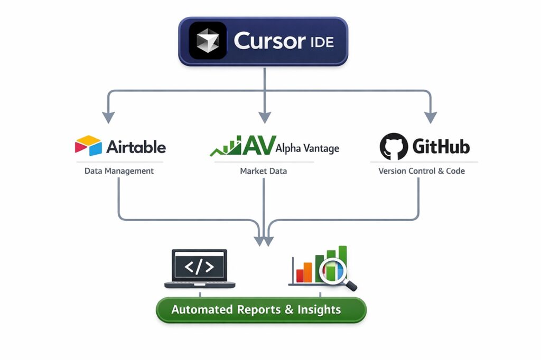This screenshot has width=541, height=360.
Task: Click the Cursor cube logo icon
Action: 208,41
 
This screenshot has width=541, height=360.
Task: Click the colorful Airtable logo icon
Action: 88,146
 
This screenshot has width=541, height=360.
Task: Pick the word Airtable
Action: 136,146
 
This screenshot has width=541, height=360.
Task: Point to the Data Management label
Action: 119,171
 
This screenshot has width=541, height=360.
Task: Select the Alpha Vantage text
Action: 307,148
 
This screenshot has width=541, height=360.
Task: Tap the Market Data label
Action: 263,171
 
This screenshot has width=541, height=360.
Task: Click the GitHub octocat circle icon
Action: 393,146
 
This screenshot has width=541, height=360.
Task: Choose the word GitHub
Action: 441,146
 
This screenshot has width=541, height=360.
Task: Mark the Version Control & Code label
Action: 422,171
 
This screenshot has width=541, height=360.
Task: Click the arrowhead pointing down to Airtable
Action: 108,118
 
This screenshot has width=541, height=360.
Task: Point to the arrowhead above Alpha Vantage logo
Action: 264,118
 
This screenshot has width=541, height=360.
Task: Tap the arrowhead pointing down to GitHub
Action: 431,118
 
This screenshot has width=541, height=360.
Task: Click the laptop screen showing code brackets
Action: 199,267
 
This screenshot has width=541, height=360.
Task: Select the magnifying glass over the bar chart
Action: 335,271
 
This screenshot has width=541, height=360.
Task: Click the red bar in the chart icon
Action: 300,275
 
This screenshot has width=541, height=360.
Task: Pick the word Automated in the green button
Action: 203,310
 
